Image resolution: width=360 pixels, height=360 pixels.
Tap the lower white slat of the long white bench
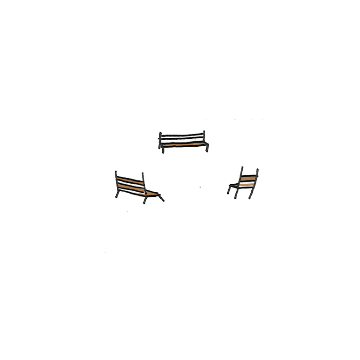point(183,141)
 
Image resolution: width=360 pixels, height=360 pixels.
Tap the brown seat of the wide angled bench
point(151,193)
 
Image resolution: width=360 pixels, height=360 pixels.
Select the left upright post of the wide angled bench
point(115,182)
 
